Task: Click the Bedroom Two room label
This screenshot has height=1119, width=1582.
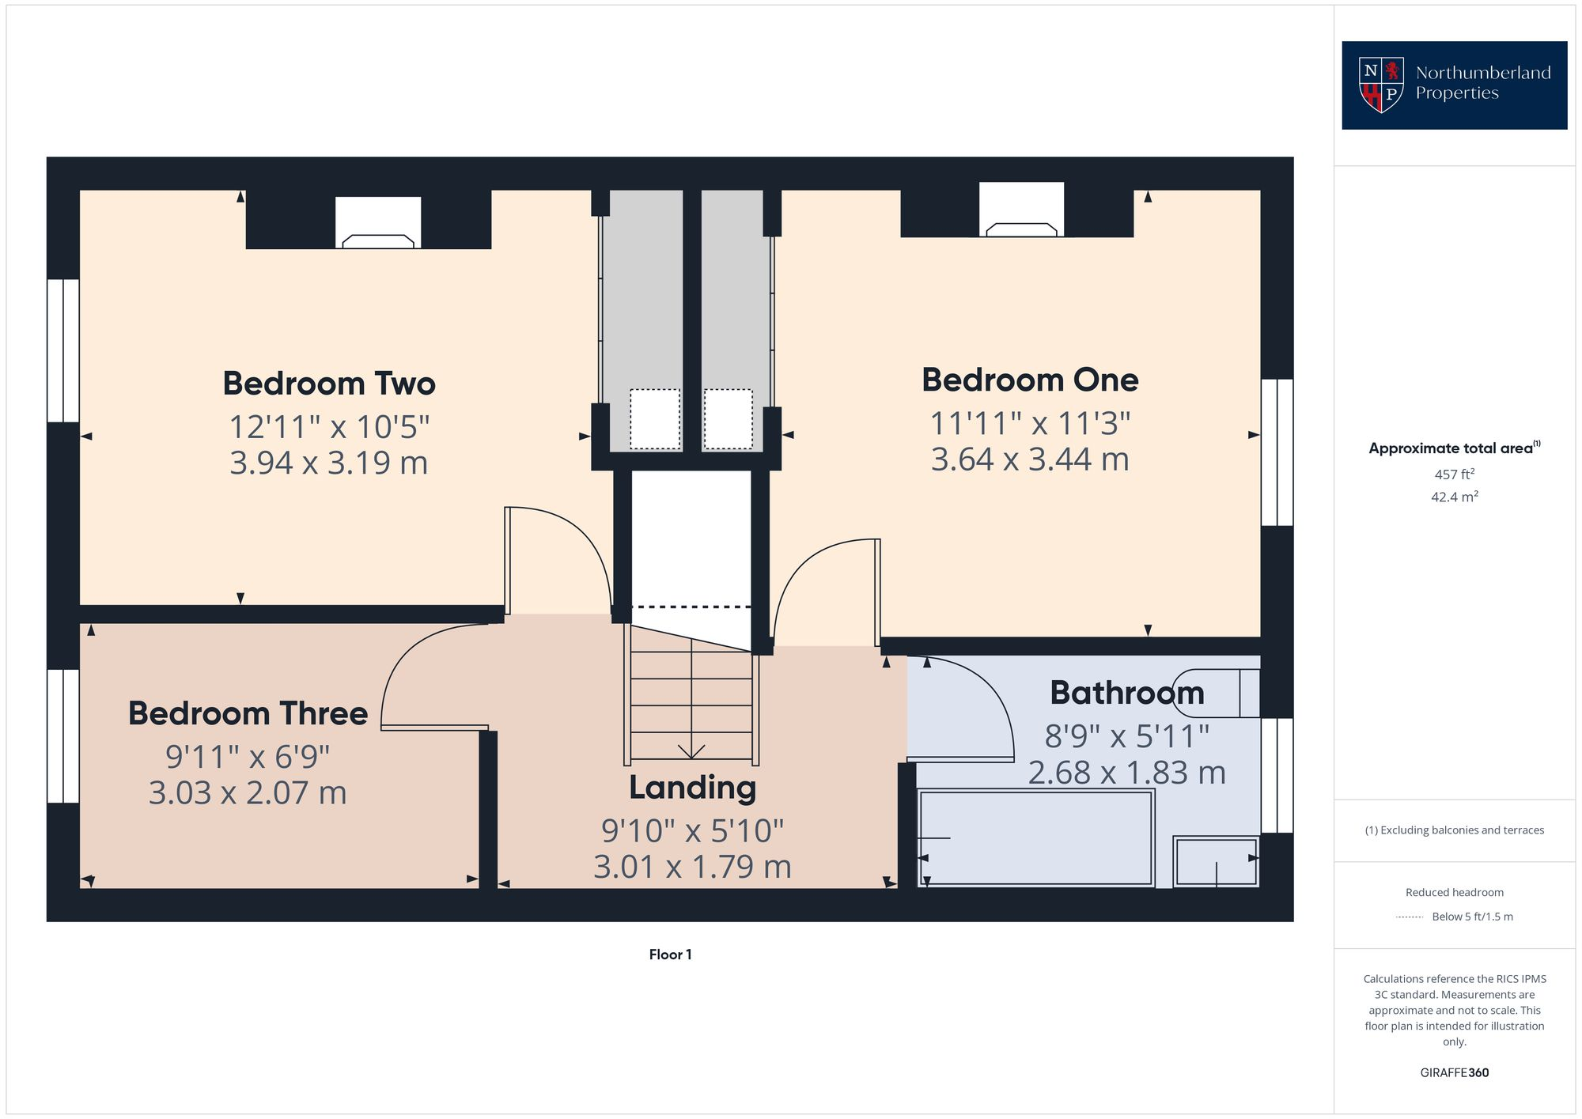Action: pyautogui.click(x=328, y=384)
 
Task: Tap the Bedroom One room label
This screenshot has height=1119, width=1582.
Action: pyautogui.click(x=1029, y=380)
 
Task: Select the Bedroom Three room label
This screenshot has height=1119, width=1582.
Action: pyautogui.click(x=248, y=713)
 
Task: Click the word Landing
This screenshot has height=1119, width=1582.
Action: pyautogui.click(x=692, y=788)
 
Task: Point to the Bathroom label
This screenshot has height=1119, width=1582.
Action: pyautogui.click(x=1126, y=693)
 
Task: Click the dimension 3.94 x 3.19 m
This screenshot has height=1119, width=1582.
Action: pyautogui.click(x=328, y=463)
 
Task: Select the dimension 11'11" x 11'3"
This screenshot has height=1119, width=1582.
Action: pyautogui.click(x=1029, y=424)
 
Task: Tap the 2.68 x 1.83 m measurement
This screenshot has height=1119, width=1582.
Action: pyautogui.click(x=1126, y=773)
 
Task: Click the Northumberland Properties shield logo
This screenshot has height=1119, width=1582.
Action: pyautogui.click(x=1380, y=85)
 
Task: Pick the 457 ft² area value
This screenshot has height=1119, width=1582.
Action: pyautogui.click(x=1454, y=474)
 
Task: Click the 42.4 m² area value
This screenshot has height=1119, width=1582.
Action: pyautogui.click(x=1454, y=497)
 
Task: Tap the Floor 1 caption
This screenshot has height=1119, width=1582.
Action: pyautogui.click(x=670, y=955)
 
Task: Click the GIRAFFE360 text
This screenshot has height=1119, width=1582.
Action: pyautogui.click(x=1454, y=1073)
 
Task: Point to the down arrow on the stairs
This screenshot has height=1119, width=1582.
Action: pyautogui.click(x=691, y=749)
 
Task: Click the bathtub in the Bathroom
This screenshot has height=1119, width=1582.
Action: pyautogui.click(x=1035, y=838)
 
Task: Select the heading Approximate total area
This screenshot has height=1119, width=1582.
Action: pyautogui.click(x=1450, y=448)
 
